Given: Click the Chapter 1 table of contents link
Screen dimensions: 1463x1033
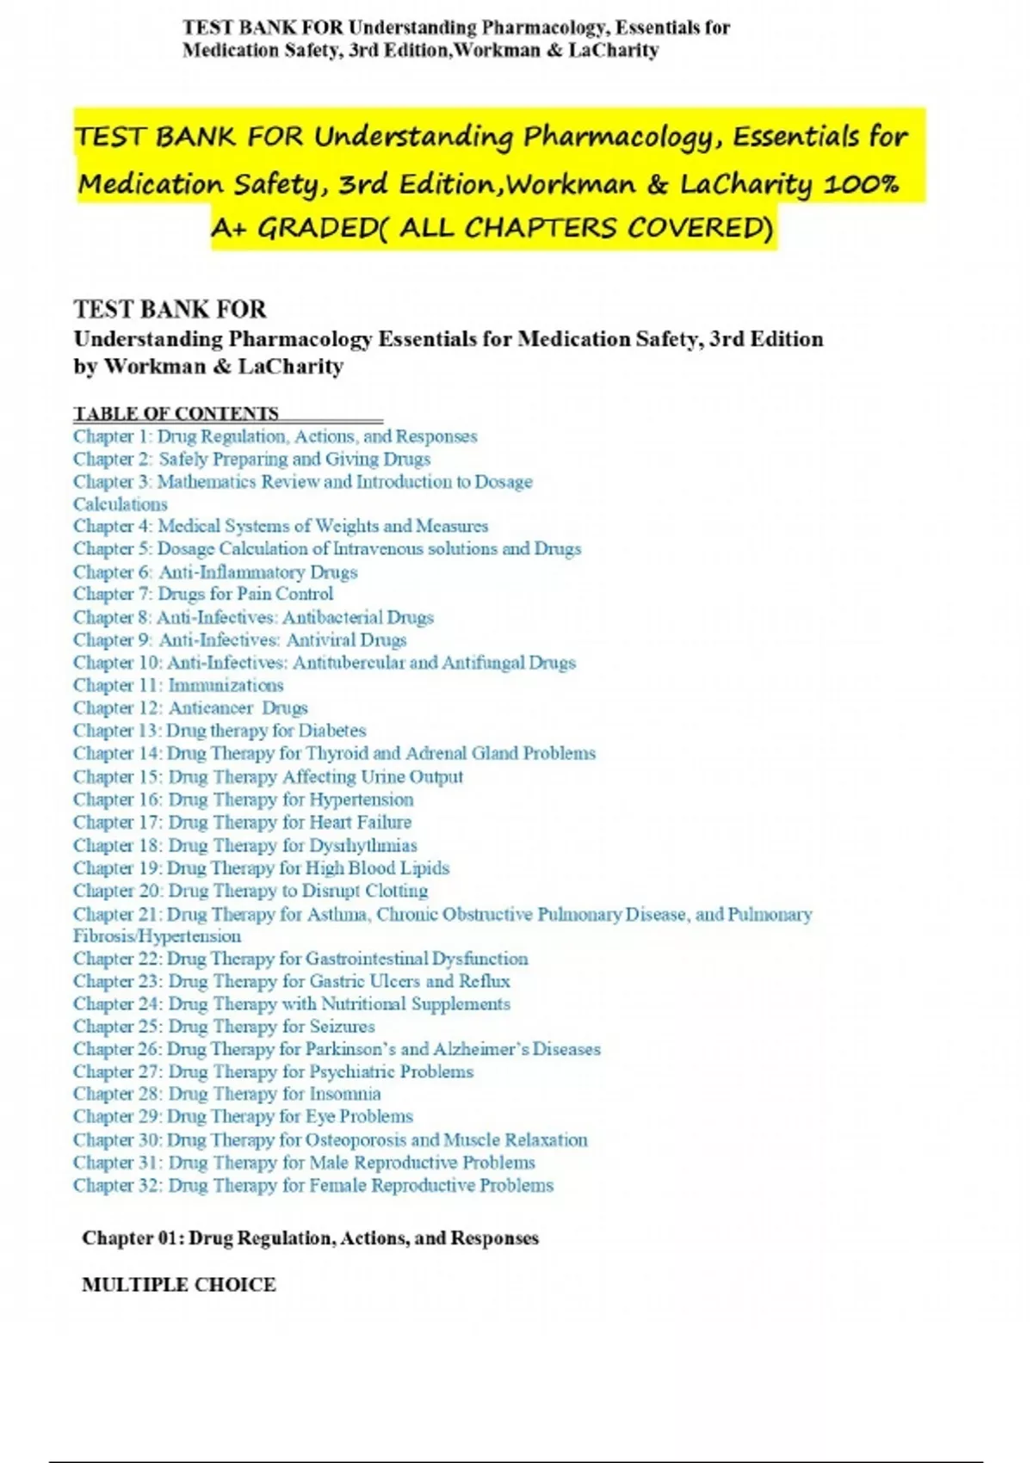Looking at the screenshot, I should (x=275, y=436).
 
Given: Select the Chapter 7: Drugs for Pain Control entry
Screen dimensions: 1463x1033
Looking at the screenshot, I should (x=203, y=594).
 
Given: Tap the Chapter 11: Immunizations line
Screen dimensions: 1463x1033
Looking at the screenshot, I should (x=178, y=685).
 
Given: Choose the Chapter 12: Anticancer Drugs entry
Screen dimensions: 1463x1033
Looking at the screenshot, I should (x=190, y=707).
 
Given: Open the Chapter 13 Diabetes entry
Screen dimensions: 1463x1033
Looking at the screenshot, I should (x=220, y=731).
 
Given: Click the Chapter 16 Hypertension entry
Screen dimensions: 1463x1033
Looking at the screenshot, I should (x=243, y=799).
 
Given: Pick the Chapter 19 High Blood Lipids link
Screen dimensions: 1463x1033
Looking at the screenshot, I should (x=261, y=867).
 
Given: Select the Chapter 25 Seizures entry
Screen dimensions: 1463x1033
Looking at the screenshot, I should (x=224, y=1026).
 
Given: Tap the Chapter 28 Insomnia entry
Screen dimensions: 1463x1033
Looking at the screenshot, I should (x=226, y=1094).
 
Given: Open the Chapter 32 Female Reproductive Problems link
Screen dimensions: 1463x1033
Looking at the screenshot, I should (x=313, y=1185).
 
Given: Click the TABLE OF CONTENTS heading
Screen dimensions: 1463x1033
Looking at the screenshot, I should (x=176, y=413).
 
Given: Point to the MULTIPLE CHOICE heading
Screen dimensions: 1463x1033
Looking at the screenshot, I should (x=179, y=1284).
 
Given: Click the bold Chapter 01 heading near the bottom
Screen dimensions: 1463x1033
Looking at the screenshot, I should (x=310, y=1238).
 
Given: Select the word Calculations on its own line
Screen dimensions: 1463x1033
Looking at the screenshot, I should (x=121, y=504).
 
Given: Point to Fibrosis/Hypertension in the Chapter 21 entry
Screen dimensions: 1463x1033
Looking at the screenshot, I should (x=158, y=935).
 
